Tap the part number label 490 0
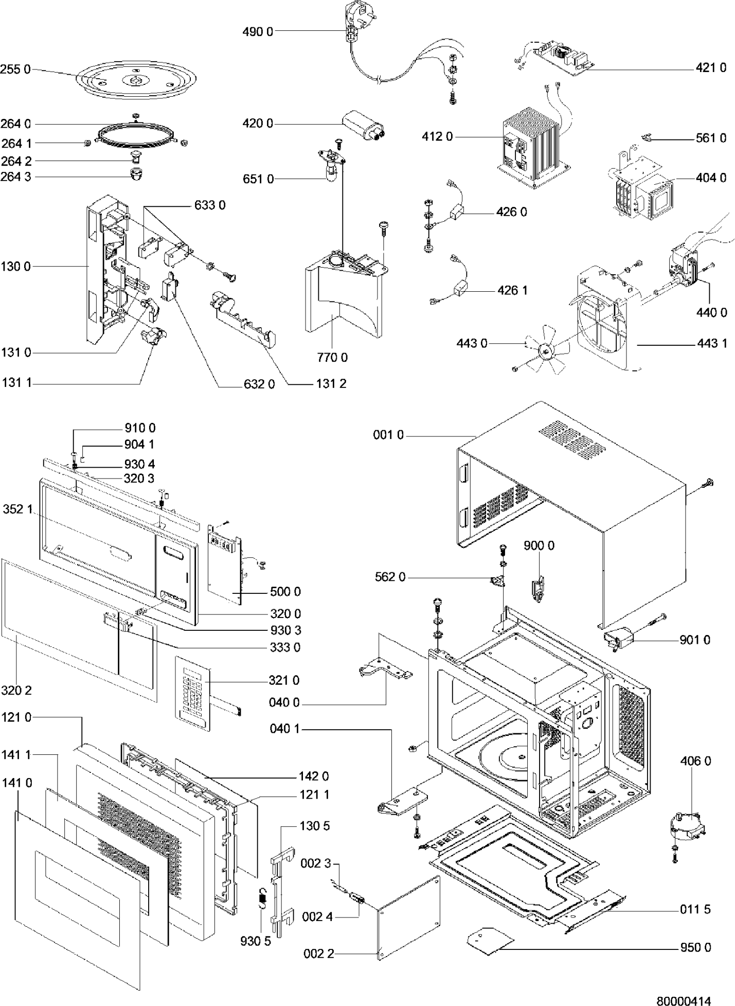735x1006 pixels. (x=258, y=32)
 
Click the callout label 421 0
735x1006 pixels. (x=711, y=67)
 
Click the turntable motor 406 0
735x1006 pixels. (x=688, y=827)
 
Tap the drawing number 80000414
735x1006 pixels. (x=684, y=1000)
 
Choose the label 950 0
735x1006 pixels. (x=695, y=947)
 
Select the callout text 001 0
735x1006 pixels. (x=388, y=435)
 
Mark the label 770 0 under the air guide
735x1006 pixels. (x=332, y=357)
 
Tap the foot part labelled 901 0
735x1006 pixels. (x=619, y=639)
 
